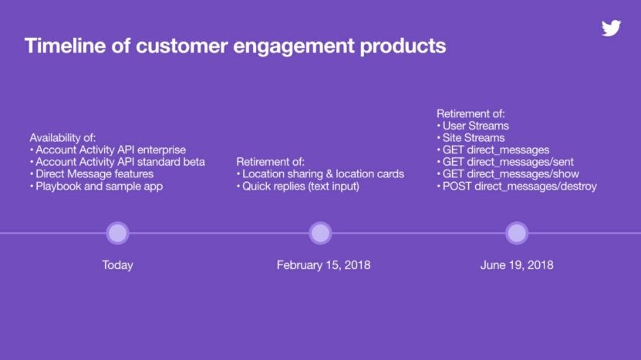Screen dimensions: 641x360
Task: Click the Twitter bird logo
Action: [x=611, y=28]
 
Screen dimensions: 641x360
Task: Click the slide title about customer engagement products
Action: [x=235, y=45]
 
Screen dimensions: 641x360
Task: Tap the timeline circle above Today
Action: [x=118, y=234]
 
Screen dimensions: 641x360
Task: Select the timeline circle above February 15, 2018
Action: [x=320, y=234]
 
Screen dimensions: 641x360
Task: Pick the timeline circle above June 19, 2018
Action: [x=517, y=234]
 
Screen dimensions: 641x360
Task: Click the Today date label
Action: [x=118, y=265]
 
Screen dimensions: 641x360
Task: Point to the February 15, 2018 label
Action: [x=323, y=265]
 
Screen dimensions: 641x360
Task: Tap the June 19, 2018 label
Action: [x=517, y=265]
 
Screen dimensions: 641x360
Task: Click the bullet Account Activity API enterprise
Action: [x=108, y=150]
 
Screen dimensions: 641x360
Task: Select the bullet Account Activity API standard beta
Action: [x=117, y=162]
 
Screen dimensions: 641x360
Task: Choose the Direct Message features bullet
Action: [x=92, y=174]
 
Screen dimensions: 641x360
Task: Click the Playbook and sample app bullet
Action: [x=96, y=187]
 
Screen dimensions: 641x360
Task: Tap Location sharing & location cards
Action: [x=320, y=174]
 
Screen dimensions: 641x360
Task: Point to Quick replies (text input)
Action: [x=298, y=187]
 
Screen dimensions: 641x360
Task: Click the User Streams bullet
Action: [x=473, y=126]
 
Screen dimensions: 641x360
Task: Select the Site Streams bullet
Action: [x=471, y=138]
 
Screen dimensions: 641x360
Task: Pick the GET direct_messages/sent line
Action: [x=505, y=162]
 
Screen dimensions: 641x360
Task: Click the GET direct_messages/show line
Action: [x=508, y=174]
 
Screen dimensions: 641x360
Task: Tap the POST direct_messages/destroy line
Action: [x=517, y=187]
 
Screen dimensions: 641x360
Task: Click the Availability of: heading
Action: [x=62, y=138]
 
